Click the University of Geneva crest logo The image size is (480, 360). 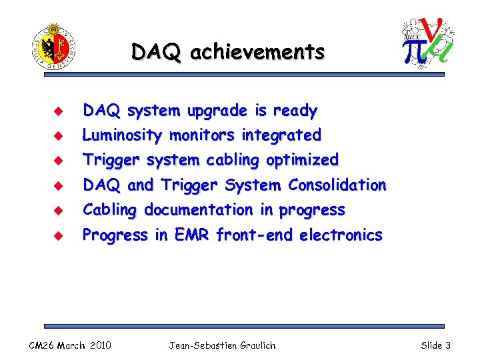(53, 46)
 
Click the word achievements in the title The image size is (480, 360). (257, 51)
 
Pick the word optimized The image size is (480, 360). (302, 160)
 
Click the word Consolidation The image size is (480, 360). (337, 185)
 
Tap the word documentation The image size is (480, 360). (199, 210)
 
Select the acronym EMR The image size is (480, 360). (192, 235)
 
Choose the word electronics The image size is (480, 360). (341, 235)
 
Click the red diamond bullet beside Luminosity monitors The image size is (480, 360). (57, 136)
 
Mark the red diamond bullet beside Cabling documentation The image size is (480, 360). (57, 211)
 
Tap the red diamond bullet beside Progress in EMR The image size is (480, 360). (57, 235)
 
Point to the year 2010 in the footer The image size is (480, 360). (99, 345)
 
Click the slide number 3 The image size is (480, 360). (448, 345)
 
